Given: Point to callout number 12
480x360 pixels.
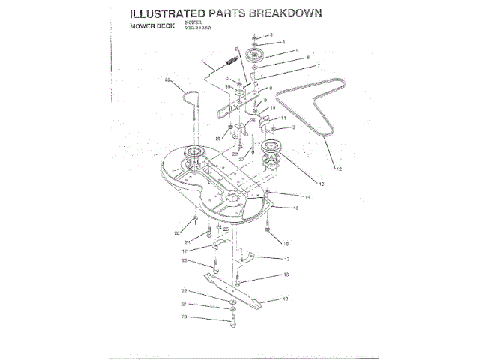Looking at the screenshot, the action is (x=339, y=169).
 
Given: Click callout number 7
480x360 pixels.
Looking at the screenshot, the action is (x=298, y=66).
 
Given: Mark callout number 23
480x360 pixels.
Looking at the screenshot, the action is (x=184, y=260).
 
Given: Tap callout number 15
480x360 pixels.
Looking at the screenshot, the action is (x=296, y=207).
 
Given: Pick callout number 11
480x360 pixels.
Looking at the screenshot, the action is (x=284, y=118).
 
